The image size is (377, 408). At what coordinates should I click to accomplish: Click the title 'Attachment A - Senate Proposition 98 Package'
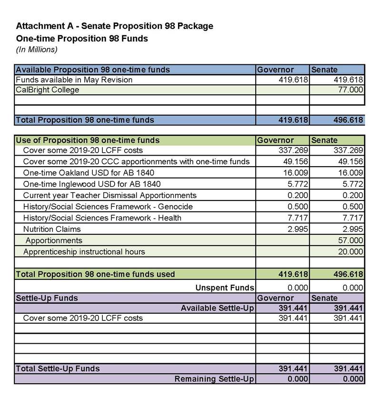coord(114,26)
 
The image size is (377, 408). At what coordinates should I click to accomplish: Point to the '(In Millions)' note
coord(37,49)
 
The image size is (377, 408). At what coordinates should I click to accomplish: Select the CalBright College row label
coord(47,90)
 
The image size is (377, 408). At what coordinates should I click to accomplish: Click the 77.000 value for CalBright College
coord(350,90)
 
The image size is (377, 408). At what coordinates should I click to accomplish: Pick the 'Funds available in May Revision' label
coord(74,80)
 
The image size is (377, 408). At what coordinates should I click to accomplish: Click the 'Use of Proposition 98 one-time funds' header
coord(88,140)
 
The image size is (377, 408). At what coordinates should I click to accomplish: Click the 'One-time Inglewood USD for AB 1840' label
coord(92,184)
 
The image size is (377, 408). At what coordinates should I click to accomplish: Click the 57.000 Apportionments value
coord(350,240)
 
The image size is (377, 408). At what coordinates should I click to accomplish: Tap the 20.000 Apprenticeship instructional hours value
coord(350,251)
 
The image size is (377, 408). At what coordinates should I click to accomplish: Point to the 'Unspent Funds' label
coord(225,288)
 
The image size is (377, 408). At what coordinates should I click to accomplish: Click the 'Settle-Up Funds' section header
coord(47,298)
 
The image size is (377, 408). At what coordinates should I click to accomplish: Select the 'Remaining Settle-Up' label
coord(214,379)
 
